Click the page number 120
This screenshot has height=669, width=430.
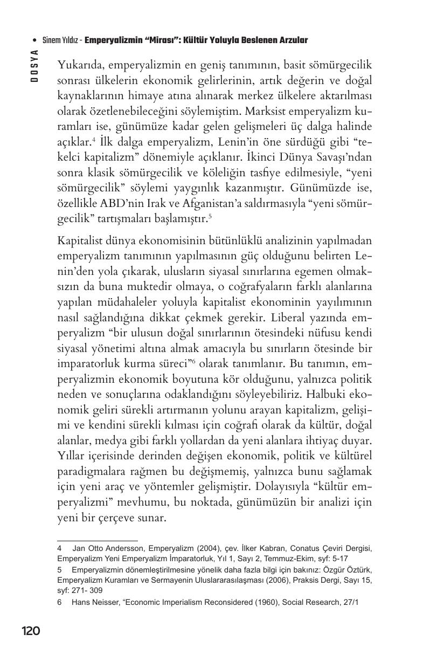31,631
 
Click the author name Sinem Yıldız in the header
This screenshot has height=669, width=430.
60,40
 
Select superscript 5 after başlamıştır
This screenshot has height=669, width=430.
210,217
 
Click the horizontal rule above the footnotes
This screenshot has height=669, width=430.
98,540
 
